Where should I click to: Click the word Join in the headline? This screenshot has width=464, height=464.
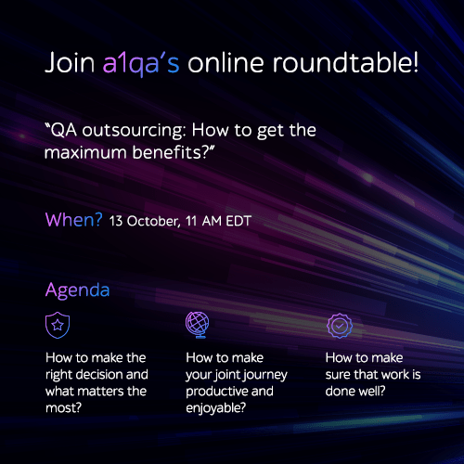(x=70, y=63)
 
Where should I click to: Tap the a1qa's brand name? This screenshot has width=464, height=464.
(x=141, y=64)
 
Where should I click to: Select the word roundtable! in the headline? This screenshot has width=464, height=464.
(x=345, y=62)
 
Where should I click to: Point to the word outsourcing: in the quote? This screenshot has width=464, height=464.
(x=134, y=131)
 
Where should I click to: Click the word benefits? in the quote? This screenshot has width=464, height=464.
(x=173, y=152)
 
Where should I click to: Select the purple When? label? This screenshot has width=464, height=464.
(x=73, y=220)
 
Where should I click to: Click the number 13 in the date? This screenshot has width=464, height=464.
(x=116, y=221)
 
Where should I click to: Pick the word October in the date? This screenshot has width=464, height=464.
(x=153, y=222)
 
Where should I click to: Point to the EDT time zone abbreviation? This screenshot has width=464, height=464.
(x=238, y=221)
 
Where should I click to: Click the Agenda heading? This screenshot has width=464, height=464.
(x=77, y=290)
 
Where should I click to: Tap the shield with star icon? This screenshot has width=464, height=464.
(x=58, y=325)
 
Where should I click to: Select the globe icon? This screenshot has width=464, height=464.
(x=198, y=325)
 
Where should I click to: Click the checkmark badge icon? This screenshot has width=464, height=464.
(x=340, y=326)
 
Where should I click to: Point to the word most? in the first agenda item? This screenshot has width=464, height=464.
(x=63, y=408)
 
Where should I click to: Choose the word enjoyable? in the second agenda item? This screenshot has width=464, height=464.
(x=216, y=408)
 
